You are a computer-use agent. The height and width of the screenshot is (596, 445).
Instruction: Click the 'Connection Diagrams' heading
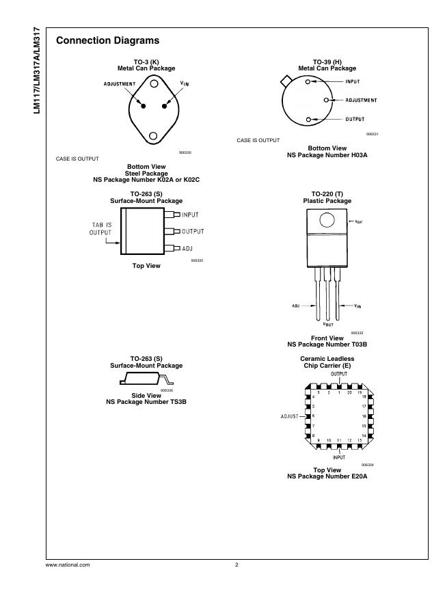(107, 41)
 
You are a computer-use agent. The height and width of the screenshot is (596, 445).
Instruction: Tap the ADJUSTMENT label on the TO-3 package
(120, 83)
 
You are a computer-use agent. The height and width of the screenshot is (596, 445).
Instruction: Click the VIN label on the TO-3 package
(185, 83)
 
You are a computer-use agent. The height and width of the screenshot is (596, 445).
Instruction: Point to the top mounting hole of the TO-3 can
(154, 86)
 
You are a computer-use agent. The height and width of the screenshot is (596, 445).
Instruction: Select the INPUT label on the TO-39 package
(353, 81)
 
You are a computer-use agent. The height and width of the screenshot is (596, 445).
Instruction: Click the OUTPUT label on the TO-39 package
(354, 119)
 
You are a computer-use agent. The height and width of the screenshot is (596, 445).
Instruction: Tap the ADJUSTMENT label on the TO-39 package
(361, 100)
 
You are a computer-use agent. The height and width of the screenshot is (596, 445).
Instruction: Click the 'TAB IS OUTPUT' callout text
(100, 228)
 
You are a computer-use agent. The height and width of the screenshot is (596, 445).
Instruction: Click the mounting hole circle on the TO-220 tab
(327, 221)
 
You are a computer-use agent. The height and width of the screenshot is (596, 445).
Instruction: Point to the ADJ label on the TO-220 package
(296, 306)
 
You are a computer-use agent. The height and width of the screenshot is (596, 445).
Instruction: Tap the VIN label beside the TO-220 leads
(358, 306)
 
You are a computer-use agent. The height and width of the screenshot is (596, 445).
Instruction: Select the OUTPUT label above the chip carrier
(338, 374)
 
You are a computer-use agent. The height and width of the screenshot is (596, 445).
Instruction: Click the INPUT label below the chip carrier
(338, 457)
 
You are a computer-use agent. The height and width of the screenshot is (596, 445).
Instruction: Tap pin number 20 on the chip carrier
(349, 392)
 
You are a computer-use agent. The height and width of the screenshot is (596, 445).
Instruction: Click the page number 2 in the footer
(236, 565)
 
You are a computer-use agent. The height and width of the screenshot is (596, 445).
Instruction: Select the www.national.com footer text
(67, 565)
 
